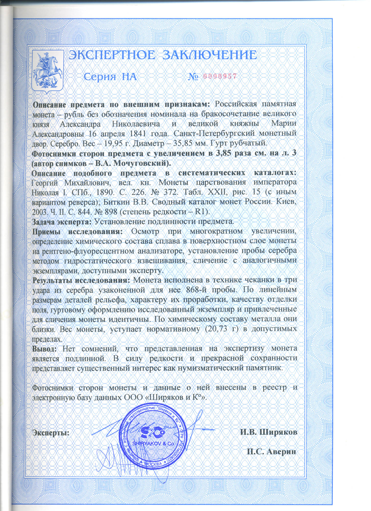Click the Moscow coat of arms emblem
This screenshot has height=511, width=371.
(48, 71)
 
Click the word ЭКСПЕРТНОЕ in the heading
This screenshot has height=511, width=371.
(112, 55)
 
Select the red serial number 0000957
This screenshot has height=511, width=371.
(220, 76)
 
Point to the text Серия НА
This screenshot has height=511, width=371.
(110, 77)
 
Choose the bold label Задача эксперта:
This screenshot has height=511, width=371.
(62, 222)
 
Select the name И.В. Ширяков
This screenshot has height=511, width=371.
(268, 432)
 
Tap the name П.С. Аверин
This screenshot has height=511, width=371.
(272, 451)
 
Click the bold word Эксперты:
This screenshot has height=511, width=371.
(51, 433)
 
